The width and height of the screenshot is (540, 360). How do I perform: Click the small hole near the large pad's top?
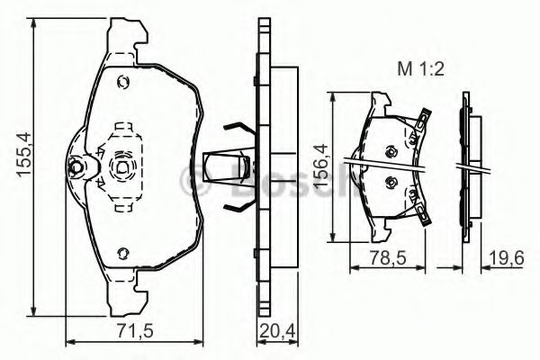pos(123,84)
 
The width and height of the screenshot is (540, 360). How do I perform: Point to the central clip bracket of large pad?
pos(121,166)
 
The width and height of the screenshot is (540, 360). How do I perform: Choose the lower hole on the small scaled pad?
pos(389,184)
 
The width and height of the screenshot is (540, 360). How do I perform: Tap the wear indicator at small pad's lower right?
pos(419,212)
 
